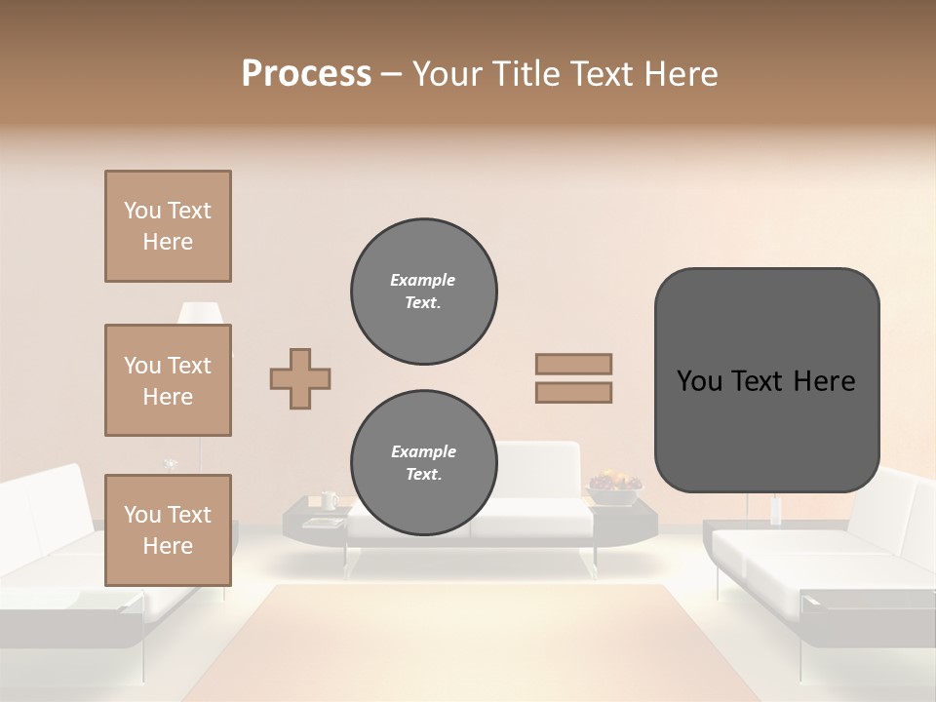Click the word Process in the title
[306, 74]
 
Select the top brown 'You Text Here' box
[168, 226]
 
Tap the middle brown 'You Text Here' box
[168, 380]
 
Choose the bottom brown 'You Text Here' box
[168, 529]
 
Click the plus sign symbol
[300, 378]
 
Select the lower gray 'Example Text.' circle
[423, 462]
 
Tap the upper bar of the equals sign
[573, 365]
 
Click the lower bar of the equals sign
[573, 392]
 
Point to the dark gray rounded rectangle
[766, 380]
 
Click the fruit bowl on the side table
[614, 484]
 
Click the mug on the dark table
[329, 500]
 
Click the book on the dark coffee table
[323, 523]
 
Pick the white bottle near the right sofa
[776, 511]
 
